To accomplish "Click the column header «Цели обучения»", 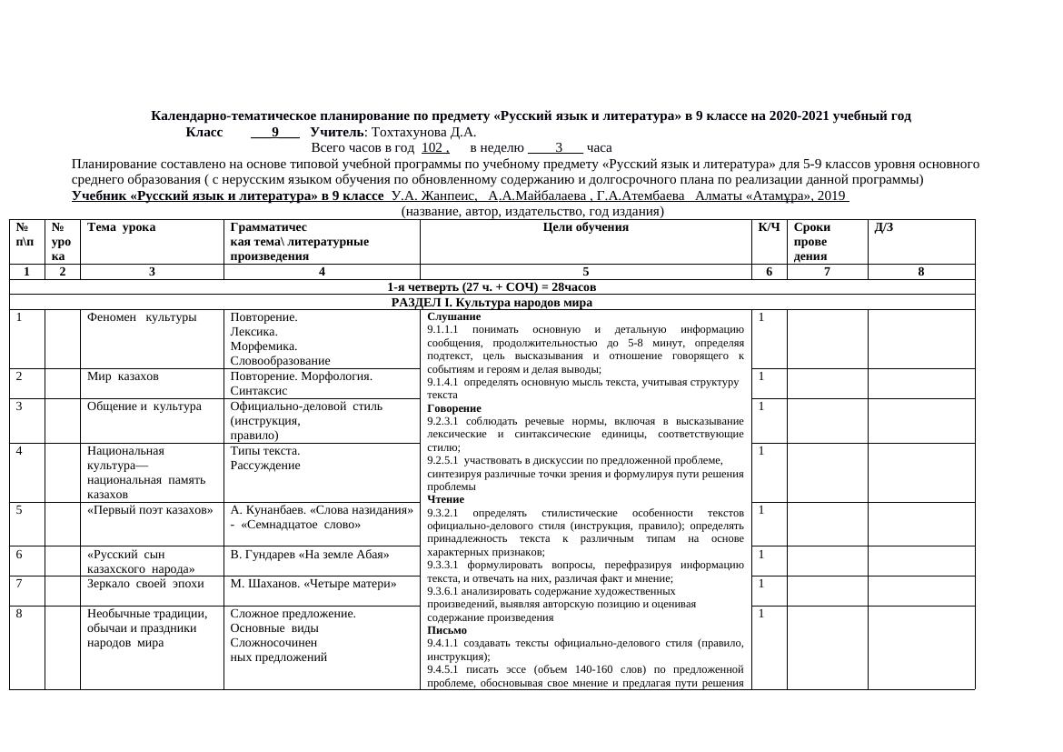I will (585, 227).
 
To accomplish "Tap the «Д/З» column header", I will (883, 227).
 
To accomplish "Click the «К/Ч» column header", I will (769, 227).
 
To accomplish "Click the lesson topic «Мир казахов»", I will (123, 376).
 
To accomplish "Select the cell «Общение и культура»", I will (144, 406).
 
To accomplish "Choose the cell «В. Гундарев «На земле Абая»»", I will (310, 554).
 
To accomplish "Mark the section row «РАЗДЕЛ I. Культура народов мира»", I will (492, 302).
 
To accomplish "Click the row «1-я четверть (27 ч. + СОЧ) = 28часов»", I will (492, 287).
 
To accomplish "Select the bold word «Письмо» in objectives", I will (446, 629).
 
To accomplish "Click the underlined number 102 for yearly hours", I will (434, 147).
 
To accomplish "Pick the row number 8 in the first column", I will (19, 613).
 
